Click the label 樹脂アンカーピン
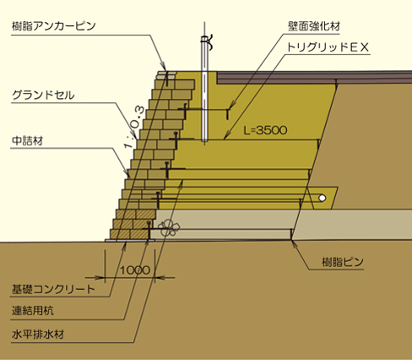(x=54, y=26)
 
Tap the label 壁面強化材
(x=314, y=26)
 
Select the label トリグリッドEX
(x=328, y=46)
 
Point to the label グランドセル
(x=43, y=95)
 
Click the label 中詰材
(x=27, y=140)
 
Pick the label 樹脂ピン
(x=343, y=262)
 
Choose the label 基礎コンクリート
(x=53, y=289)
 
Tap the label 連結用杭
(x=32, y=311)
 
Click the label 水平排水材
(x=38, y=335)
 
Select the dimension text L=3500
(x=265, y=130)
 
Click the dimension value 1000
(x=135, y=270)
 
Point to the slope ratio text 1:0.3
(x=134, y=127)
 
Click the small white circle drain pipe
(x=323, y=198)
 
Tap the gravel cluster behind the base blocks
(x=169, y=227)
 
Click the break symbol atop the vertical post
(x=208, y=42)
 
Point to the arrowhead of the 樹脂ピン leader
(x=294, y=243)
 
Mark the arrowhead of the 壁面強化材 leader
(x=230, y=107)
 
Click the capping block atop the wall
(x=167, y=74)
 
